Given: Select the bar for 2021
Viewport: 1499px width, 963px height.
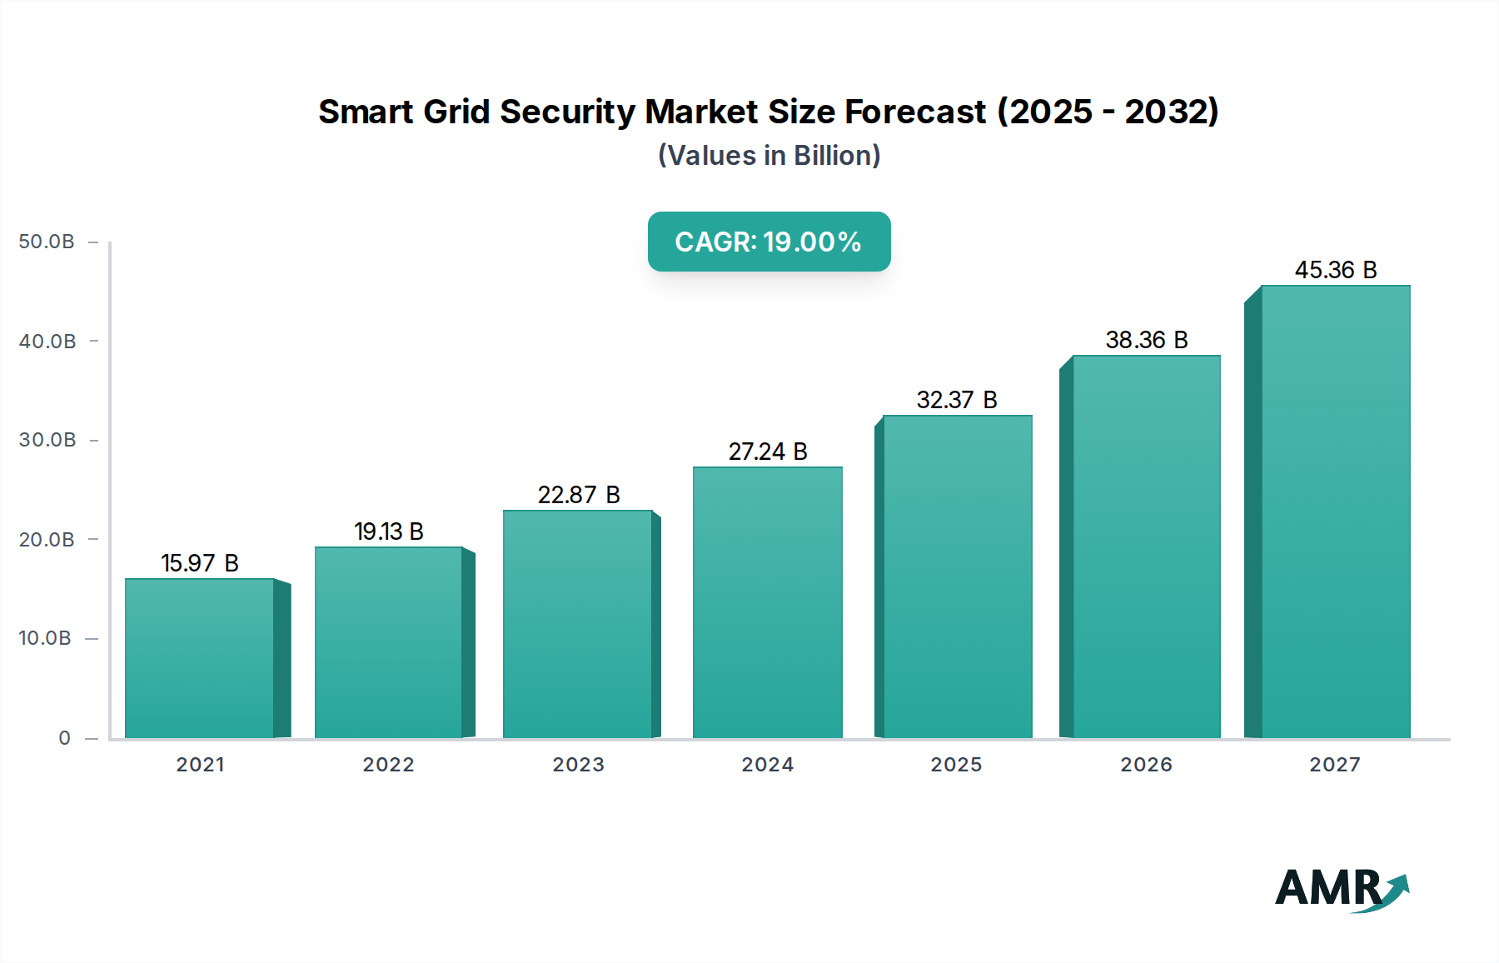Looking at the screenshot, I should (x=200, y=658).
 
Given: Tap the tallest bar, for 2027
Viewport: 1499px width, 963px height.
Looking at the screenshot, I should (x=1335, y=511).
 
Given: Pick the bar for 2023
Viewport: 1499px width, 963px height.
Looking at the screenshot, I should (x=577, y=624).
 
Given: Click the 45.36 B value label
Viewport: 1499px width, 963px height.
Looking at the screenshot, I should (x=1335, y=270).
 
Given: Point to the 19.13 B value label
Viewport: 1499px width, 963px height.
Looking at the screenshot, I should (x=388, y=531).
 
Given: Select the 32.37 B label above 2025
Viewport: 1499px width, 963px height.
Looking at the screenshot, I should (x=956, y=400).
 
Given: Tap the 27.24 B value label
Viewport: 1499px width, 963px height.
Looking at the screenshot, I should (x=767, y=452).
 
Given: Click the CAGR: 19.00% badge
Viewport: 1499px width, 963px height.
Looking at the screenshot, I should (x=769, y=242).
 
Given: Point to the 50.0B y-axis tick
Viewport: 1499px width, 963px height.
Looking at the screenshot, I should (x=47, y=242).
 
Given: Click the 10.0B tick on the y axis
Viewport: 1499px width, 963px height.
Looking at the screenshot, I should (x=45, y=638).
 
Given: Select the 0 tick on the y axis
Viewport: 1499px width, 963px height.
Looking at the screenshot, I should (x=64, y=738).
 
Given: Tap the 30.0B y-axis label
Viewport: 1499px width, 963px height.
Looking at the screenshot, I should (x=47, y=440).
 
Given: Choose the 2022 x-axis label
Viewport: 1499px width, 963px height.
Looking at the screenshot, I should (x=388, y=765).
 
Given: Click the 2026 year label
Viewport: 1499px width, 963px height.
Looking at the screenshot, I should (x=1146, y=765).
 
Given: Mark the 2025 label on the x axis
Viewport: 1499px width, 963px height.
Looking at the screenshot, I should (x=956, y=765).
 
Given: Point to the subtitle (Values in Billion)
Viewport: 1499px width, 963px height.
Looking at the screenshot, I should (x=769, y=156).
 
